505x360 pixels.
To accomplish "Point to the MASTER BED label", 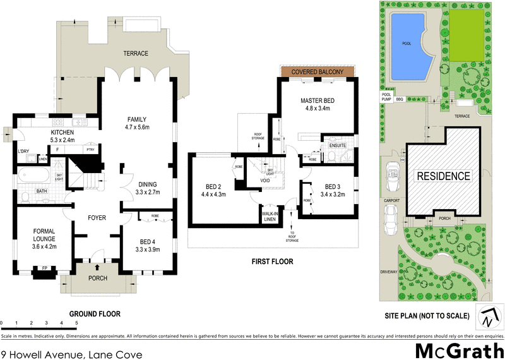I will point(317,101).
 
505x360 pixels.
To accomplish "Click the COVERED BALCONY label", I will point(317,73).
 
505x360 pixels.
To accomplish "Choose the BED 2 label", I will point(214,186).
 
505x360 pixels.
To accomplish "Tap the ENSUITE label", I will point(333,145).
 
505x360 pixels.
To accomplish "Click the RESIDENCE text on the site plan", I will point(442,176).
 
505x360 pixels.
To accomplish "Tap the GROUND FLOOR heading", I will point(95,314).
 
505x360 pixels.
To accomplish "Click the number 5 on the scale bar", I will point(76,323).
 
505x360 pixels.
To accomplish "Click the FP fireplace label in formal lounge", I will point(44,268).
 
